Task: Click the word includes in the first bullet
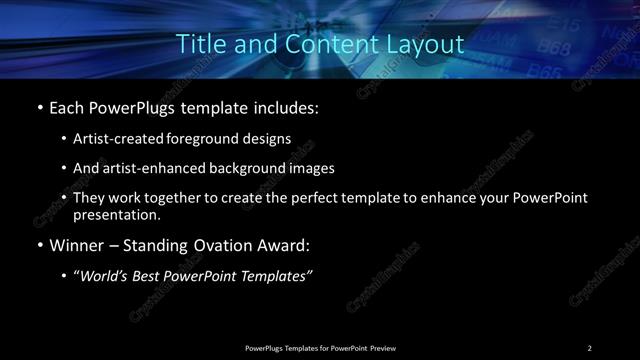(287, 105)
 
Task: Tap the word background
(244, 168)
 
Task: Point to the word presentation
(115, 214)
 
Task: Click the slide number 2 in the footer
(590, 348)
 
